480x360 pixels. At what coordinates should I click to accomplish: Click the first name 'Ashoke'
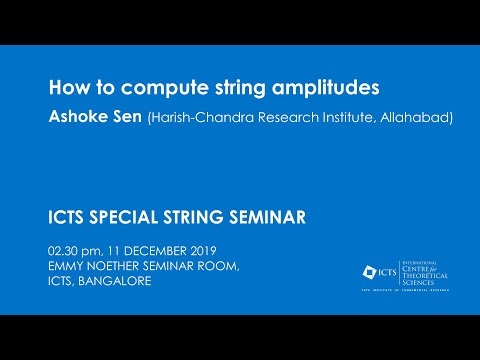80,118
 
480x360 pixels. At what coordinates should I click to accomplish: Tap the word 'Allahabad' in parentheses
386,119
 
